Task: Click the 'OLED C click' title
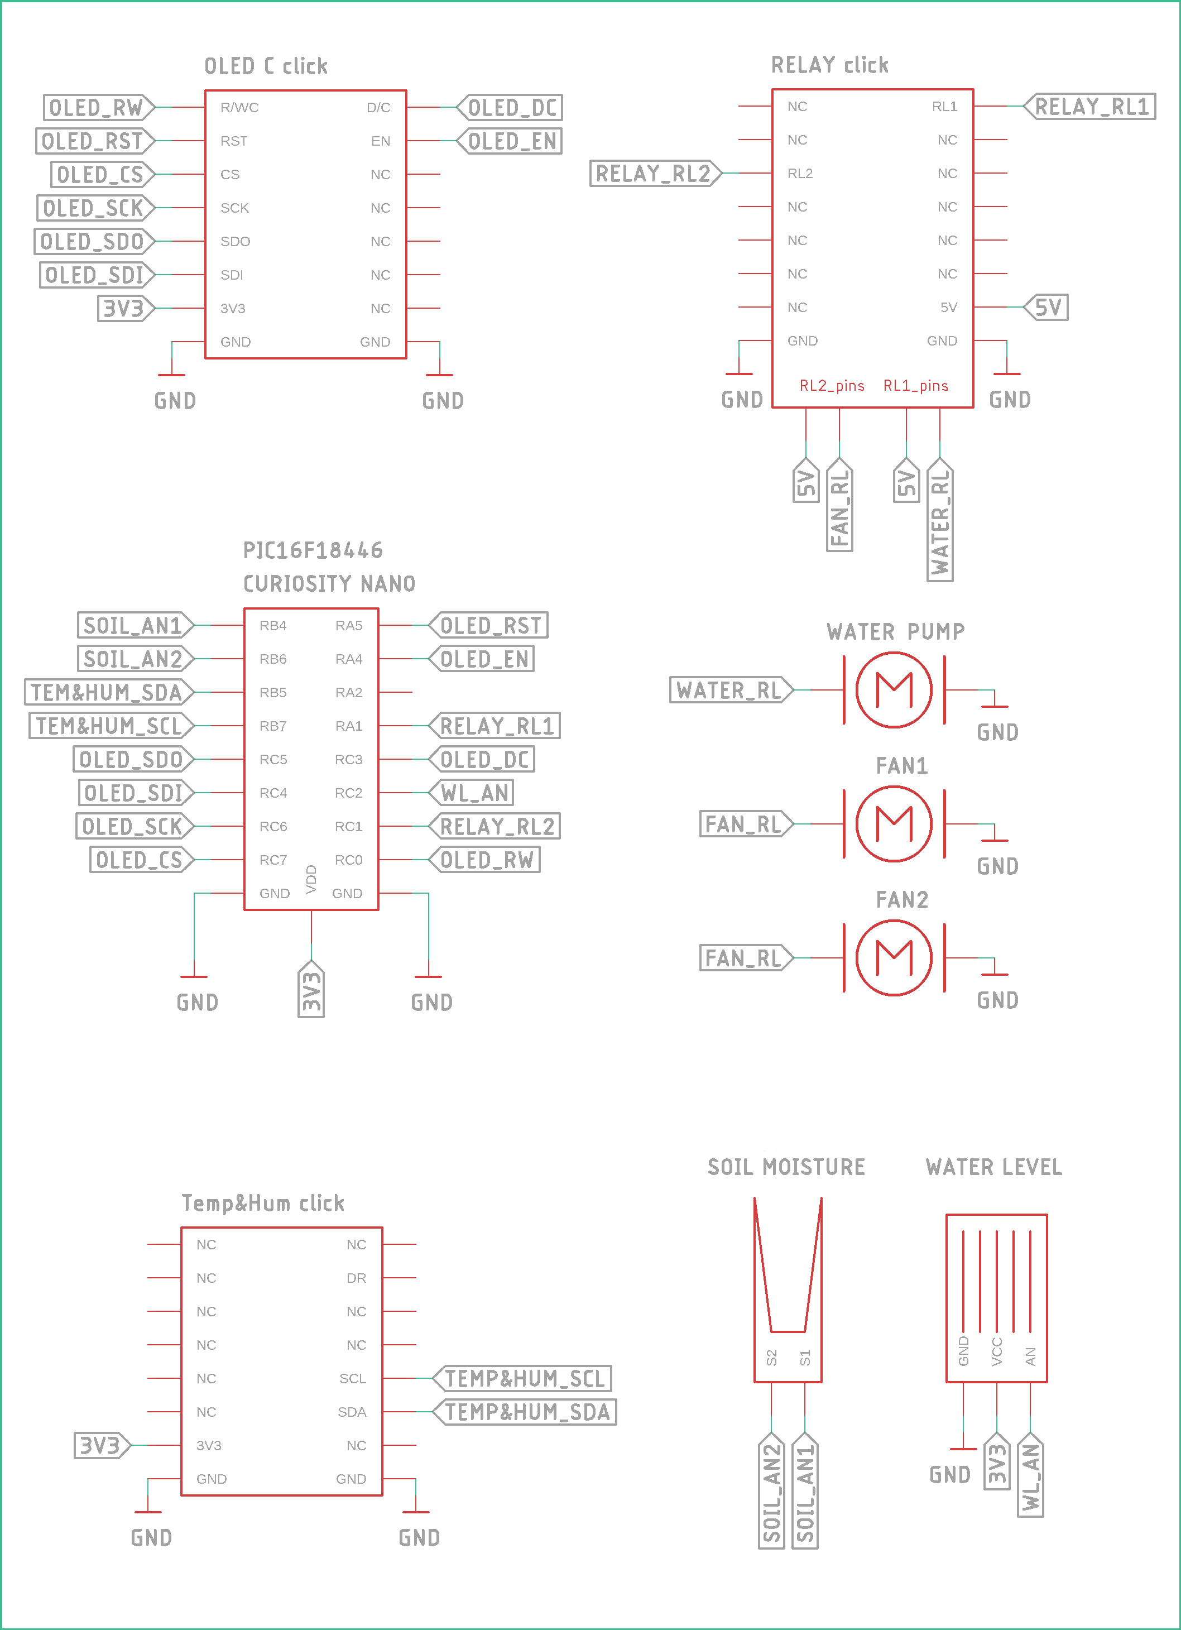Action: [266, 66]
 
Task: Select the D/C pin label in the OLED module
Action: [378, 108]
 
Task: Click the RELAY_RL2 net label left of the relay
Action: [655, 173]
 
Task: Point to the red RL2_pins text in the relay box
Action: [832, 386]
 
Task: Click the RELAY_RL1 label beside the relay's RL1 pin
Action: [1090, 107]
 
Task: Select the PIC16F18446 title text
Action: [313, 550]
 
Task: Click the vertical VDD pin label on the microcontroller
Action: [311, 879]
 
